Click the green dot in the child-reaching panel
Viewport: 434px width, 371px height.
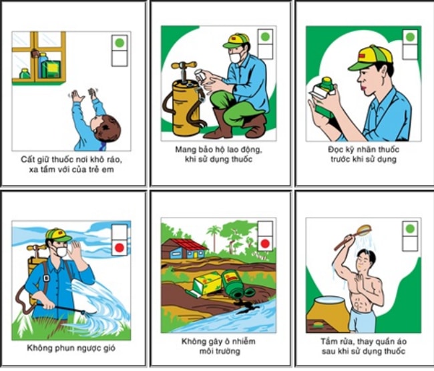(x=120, y=43)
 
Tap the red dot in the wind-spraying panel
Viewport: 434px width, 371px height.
(x=120, y=248)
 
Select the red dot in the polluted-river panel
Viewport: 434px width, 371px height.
(x=265, y=244)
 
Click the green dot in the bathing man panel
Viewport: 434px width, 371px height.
(x=409, y=229)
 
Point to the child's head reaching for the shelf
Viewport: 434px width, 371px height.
(x=106, y=127)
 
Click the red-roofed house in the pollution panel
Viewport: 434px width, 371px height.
(x=184, y=249)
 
